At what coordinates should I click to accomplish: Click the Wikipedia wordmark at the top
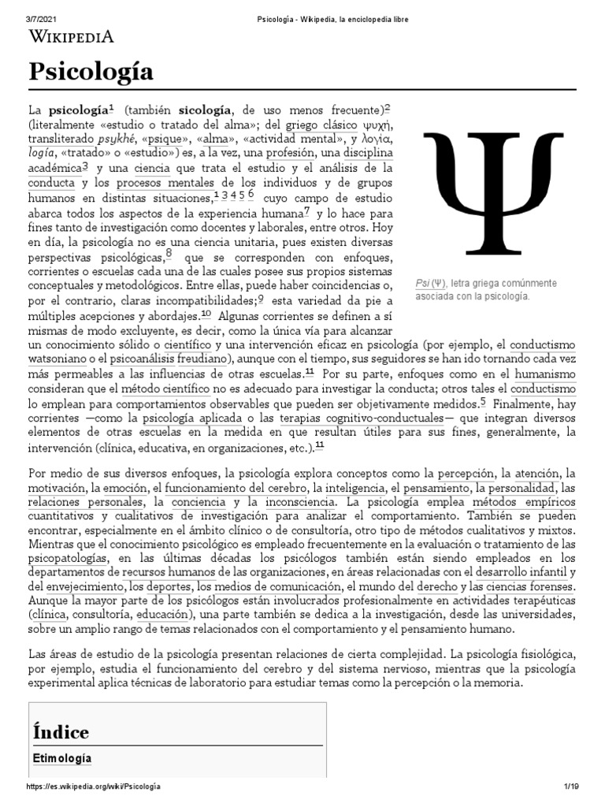[72, 35]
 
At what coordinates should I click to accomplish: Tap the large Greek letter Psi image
[496, 192]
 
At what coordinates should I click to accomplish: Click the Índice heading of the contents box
[61, 731]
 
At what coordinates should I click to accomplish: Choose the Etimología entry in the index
[62, 758]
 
